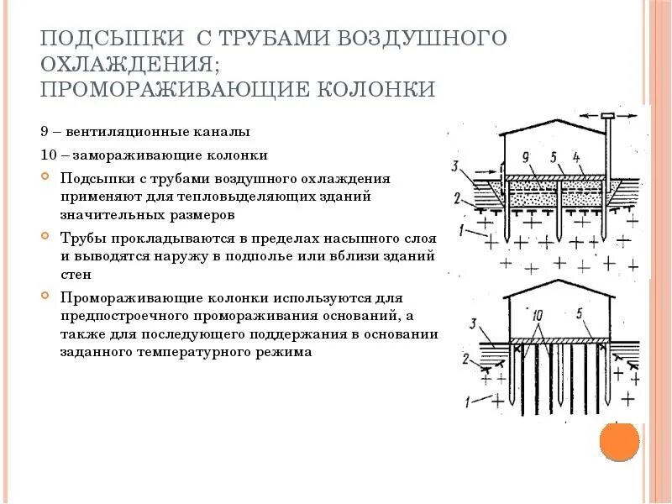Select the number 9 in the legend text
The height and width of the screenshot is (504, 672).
point(44,132)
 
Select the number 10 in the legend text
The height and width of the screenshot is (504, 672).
point(47,155)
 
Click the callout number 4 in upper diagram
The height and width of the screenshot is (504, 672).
point(576,157)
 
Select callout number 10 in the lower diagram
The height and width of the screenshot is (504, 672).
point(538,313)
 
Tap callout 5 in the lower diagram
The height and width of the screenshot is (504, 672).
point(580,313)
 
